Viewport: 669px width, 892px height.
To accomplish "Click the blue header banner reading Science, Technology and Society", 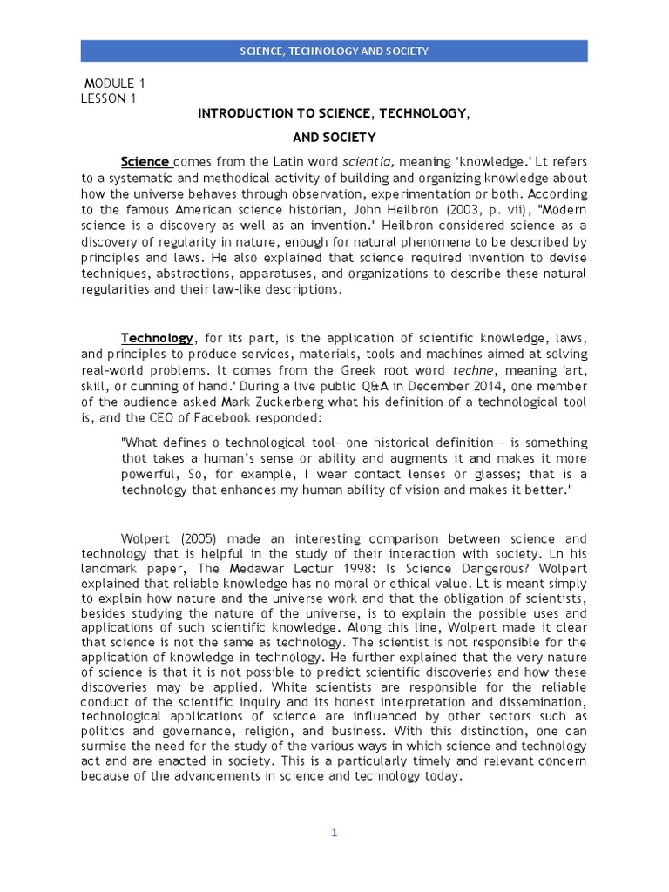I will point(334,51).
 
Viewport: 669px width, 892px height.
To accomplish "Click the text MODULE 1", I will point(114,84).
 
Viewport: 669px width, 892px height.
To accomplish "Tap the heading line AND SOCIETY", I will point(334,137).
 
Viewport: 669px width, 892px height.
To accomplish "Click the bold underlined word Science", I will point(145,161).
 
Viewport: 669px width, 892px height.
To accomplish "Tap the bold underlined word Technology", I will point(158,337).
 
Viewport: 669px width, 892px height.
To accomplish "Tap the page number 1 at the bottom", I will point(334,833).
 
